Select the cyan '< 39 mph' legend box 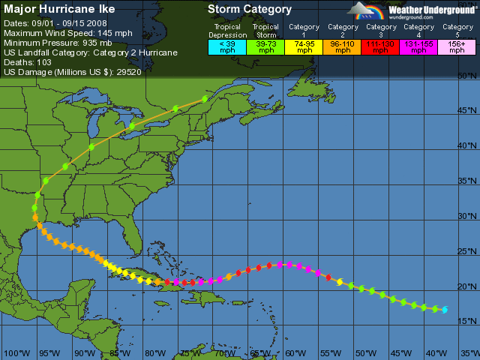pyautogui.click(x=226, y=46)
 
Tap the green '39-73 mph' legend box pyautogui.click(x=265, y=46)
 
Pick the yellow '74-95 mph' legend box pyautogui.click(x=305, y=46)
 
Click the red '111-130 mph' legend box pyautogui.click(x=380, y=46)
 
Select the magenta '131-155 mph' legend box pyautogui.click(x=419, y=46)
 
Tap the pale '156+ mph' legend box pyautogui.click(x=456, y=46)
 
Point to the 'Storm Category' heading pyautogui.click(x=250, y=10)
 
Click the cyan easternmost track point pyautogui.click(x=445, y=310)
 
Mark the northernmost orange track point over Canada pyautogui.click(x=205, y=99)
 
